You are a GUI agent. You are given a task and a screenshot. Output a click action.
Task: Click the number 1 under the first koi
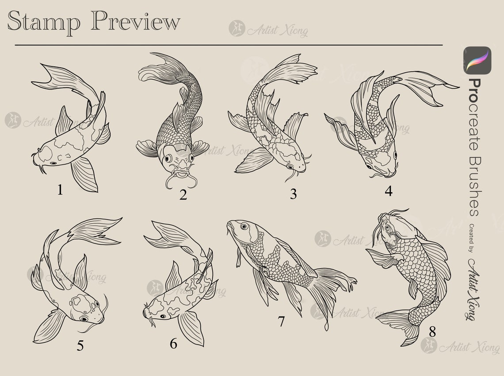[60, 190]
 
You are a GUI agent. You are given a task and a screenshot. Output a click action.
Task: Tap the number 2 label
[183, 194]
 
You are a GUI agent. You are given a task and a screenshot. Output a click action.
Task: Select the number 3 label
[293, 194]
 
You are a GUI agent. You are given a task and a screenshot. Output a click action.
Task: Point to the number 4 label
[389, 191]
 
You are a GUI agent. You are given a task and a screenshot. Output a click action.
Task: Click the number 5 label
[80, 345]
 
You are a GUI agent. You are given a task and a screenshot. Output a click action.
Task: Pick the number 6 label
[173, 343]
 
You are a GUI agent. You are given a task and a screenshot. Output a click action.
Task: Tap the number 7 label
[281, 322]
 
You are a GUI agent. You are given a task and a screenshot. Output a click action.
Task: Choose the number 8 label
[432, 331]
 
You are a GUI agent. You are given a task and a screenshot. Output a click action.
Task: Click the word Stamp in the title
[43, 22]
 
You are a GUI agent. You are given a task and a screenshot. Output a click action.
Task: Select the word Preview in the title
[136, 22]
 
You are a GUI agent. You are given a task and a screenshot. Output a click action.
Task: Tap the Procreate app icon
[477, 60]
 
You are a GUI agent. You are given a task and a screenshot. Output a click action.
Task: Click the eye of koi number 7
[244, 226]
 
